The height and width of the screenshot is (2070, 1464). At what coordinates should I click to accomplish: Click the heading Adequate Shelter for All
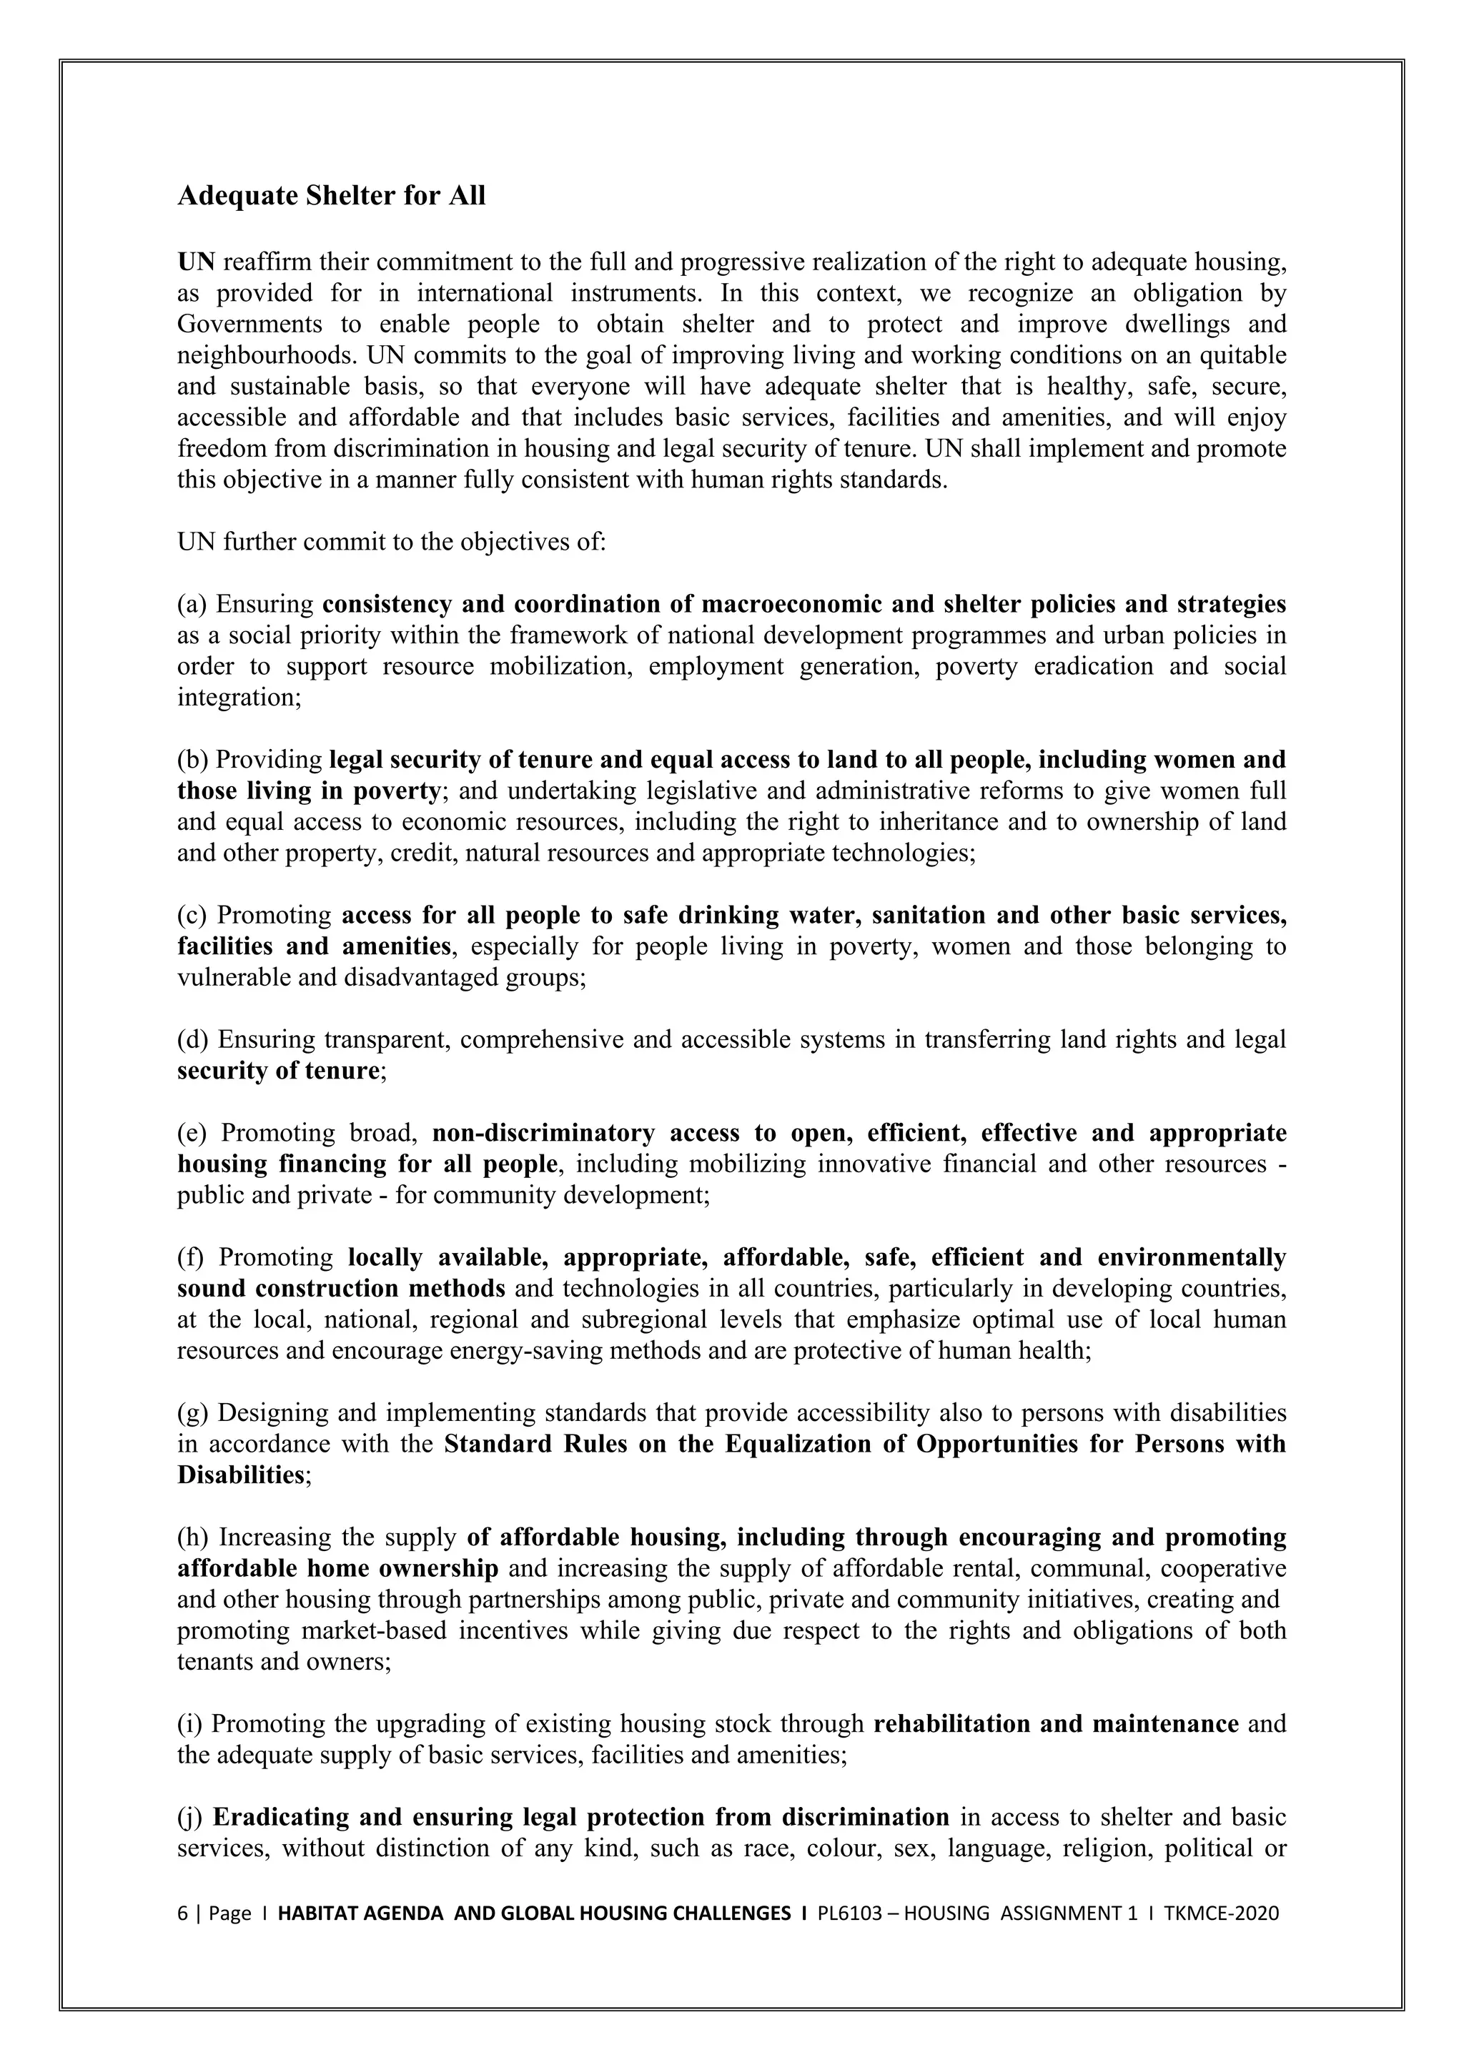coord(331,196)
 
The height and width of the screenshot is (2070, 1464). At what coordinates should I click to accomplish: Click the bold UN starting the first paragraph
coord(196,262)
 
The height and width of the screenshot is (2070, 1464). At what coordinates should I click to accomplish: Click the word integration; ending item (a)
coord(239,698)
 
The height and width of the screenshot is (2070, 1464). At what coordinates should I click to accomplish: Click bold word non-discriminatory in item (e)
coord(543,1133)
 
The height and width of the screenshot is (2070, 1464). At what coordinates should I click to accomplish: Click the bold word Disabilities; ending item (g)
coord(243,1476)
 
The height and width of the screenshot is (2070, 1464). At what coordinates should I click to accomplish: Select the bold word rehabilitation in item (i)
coord(953,1725)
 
